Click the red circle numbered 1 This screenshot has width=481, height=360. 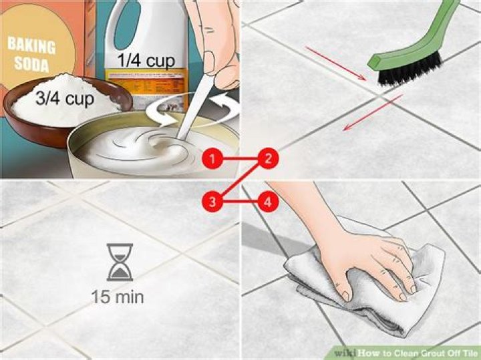[x=212, y=159]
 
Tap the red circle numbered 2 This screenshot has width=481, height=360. [x=268, y=159]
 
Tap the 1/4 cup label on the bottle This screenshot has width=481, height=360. [x=146, y=61]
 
